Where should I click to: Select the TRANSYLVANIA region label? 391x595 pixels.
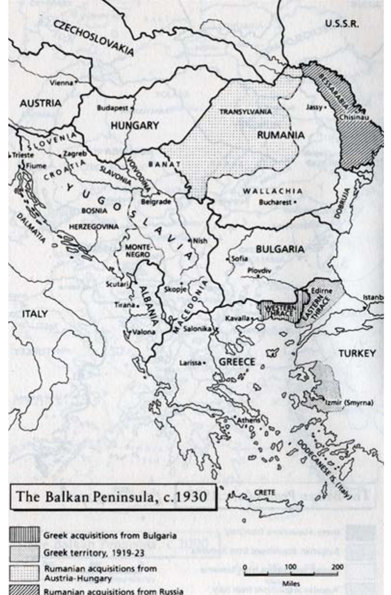tap(245, 112)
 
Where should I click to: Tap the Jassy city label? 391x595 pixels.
tap(313, 107)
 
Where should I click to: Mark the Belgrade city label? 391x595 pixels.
tap(155, 202)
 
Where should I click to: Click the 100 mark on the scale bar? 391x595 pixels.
tap(290, 567)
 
